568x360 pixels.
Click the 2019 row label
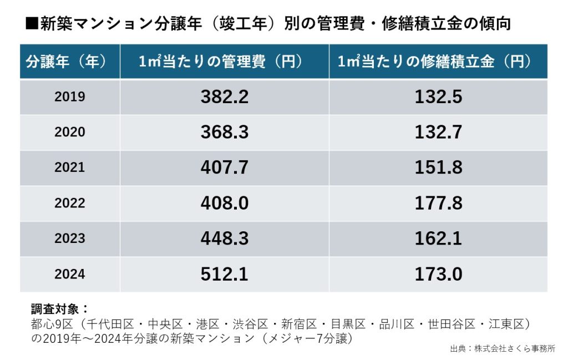(70, 97)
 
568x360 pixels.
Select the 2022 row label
(70, 203)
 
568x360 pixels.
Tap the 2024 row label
(70, 274)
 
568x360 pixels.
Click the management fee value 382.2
(224, 97)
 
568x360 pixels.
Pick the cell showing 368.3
(224, 132)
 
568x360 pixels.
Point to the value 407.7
(224, 168)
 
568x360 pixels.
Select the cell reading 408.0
(224, 203)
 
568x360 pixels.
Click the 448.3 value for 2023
(224, 239)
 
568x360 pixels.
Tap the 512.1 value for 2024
(224, 274)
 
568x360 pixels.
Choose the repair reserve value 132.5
(438, 97)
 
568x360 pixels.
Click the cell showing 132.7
(438, 132)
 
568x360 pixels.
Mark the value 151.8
(438, 168)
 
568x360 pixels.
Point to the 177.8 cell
(438, 203)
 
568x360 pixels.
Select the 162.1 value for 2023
(438, 239)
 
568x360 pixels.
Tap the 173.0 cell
(438, 274)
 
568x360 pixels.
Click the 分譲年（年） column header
(69, 62)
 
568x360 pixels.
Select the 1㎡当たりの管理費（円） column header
(224, 62)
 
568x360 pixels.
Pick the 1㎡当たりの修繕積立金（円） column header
(438, 62)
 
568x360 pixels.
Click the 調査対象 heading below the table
(60, 309)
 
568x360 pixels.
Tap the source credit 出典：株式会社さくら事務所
(503, 349)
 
